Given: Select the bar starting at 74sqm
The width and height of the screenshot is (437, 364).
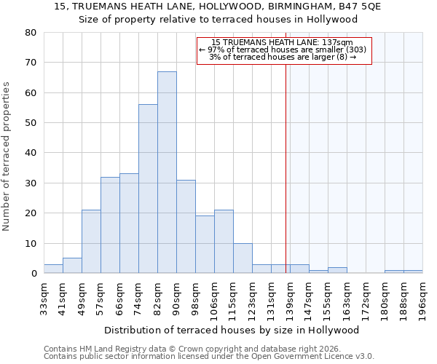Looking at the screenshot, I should pyautogui.click(x=148, y=189).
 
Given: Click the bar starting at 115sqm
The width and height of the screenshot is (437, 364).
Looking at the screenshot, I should pyautogui.click(x=243, y=258).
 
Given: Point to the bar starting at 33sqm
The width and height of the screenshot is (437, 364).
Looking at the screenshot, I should pyautogui.click(x=53, y=269).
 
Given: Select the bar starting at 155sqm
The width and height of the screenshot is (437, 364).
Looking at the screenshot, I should pyautogui.click(x=337, y=270).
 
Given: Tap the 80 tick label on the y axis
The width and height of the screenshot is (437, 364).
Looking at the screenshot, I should pyautogui.click(x=30, y=33).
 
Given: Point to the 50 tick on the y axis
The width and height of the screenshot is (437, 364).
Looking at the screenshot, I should pyautogui.click(x=30, y=123).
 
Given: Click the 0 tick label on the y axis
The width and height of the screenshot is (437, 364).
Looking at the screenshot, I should pyautogui.click(x=34, y=274).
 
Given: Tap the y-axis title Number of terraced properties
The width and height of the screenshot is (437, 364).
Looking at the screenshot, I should pyautogui.click(x=7, y=156).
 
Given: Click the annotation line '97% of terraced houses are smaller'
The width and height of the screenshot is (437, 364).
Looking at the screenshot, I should pyautogui.click(x=284, y=50).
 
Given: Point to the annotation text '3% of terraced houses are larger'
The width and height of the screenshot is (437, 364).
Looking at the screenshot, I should pyautogui.click(x=284, y=57).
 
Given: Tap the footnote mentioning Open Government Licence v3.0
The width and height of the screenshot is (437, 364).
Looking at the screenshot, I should pyautogui.click(x=209, y=357).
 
